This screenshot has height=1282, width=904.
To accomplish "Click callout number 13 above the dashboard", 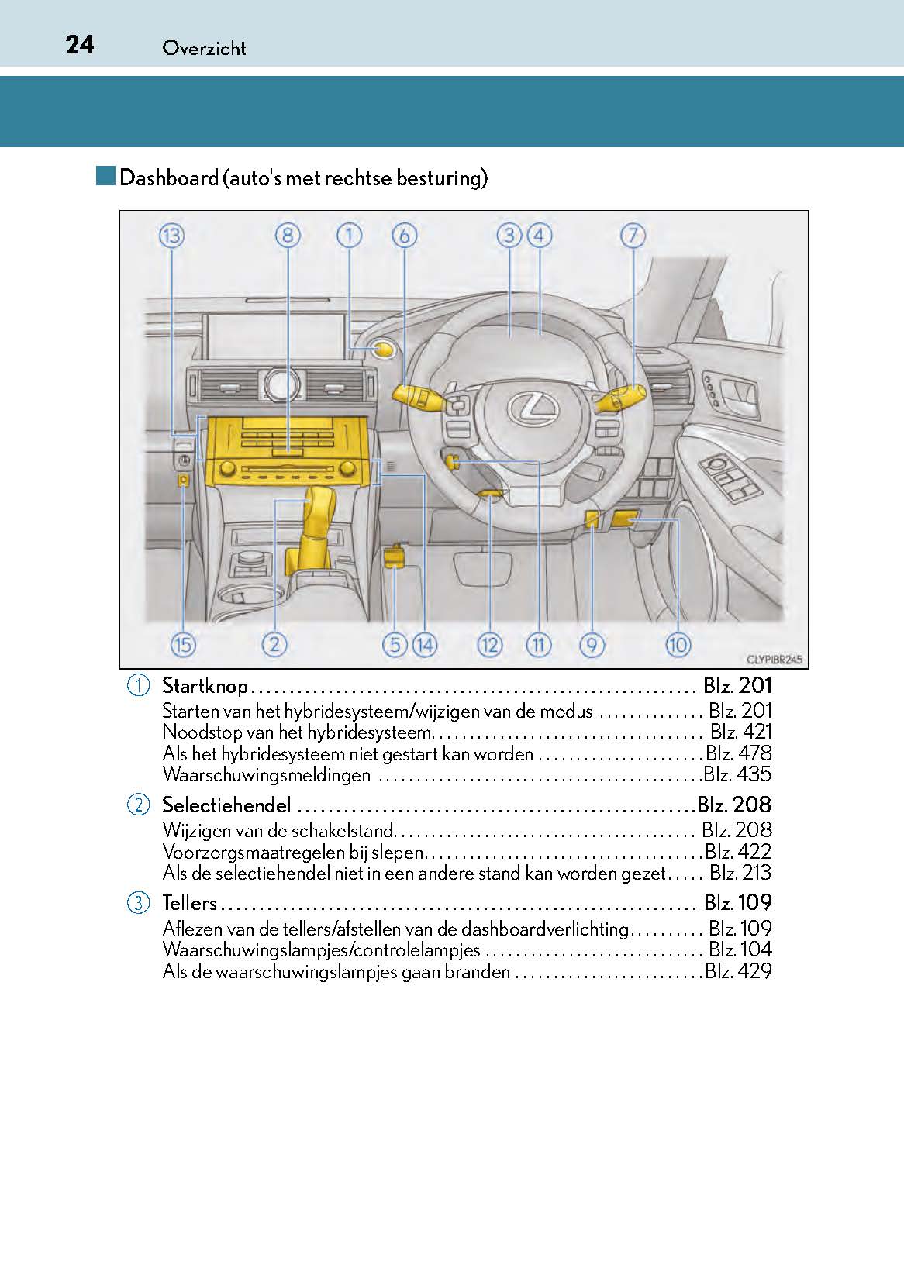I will coord(171,235).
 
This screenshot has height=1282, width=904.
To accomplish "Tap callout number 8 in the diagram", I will coord(287,235).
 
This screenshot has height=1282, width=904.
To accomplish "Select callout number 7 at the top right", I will coord(633,235).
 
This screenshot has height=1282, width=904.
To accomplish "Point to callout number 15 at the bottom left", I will coord(183,644).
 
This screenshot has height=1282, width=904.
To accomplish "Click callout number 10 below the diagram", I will coord(678,644).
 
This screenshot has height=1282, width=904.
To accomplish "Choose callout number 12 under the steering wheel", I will coord(490,644).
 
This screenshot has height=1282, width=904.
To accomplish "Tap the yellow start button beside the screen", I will coord(384,350).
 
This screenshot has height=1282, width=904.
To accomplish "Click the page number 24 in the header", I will coord(80,45).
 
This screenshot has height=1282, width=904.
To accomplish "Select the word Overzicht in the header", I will coord(204,48).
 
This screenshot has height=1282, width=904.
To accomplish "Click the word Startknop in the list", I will coord(205,686).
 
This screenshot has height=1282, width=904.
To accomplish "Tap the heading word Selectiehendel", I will coord(226,805).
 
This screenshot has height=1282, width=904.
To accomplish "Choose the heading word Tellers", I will coord(189,903).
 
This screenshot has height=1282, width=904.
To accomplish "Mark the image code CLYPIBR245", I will coord(775,660).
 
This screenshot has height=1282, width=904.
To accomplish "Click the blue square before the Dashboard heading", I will coord(106,176).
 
